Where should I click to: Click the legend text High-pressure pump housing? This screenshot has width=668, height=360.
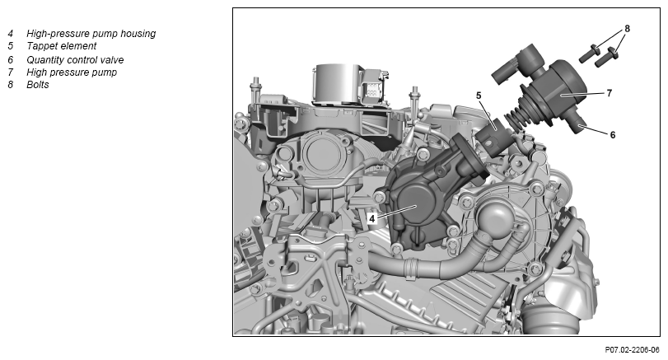coord(91,34)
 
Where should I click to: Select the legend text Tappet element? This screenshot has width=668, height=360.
coord(61,46)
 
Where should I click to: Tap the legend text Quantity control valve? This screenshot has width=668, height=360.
coord(75,60)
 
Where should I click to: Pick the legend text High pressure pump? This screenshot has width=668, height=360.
coord(72,72)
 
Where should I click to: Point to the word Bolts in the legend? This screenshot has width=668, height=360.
coord(38,85)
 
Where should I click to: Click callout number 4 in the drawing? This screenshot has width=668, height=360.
coord(372,218)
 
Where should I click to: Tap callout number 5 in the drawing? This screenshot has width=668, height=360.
coord(479,96)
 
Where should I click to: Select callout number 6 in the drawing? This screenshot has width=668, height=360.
coord(613,135)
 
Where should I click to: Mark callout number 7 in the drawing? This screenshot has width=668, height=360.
coord(610,93)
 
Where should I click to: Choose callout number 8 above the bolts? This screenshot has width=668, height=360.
coord(627,29)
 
